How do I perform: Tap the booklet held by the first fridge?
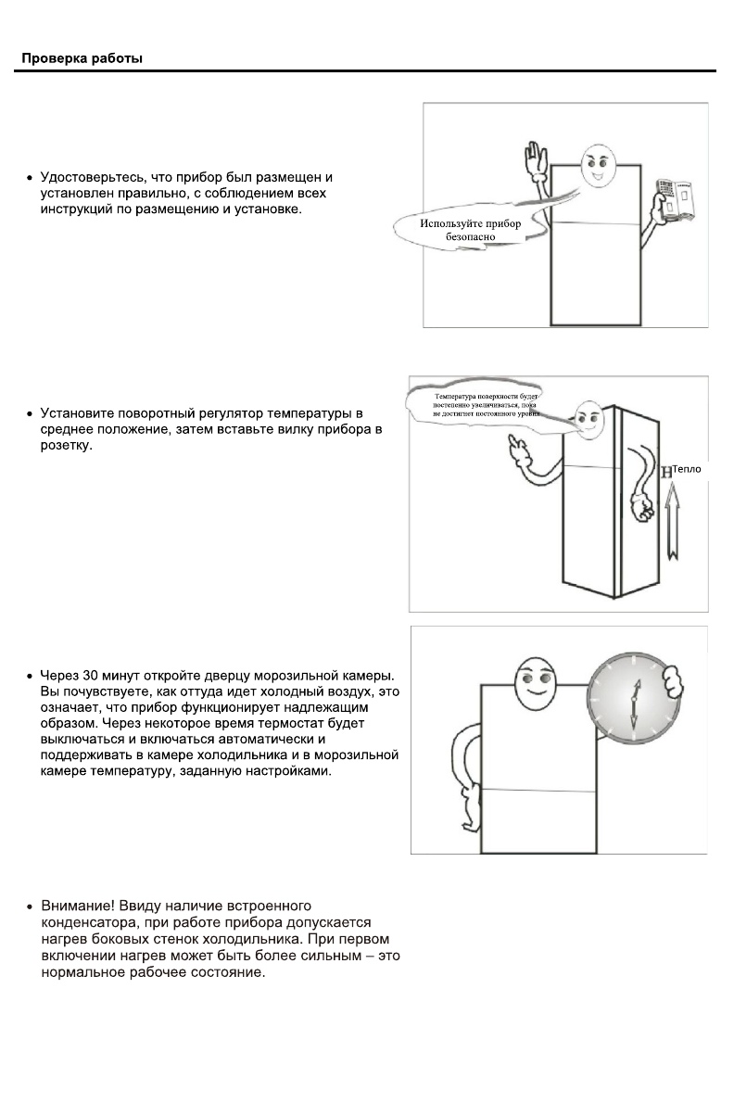click(x=674, y=197)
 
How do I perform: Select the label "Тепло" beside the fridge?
click(x=687, y=469)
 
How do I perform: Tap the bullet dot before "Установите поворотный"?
click(x=31, y=412)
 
